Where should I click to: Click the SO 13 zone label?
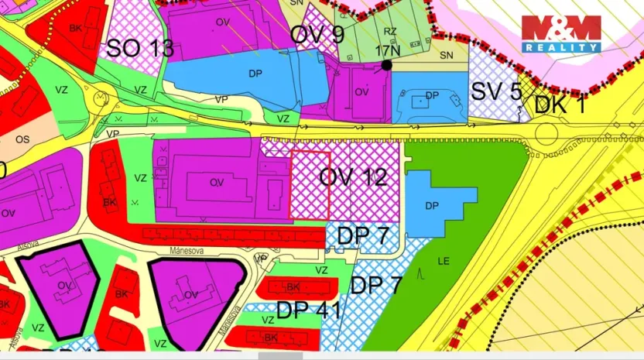(139, 48)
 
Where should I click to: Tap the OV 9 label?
(317, 34)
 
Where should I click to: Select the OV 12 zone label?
(353, 177)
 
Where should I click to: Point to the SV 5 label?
(496, 91)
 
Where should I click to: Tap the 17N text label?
(387, 50)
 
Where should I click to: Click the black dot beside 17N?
(386, 65)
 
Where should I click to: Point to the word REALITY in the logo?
(560, 47)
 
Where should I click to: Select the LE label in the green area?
(444, 262)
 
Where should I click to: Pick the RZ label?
(390, 32)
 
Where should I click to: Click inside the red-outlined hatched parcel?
(310, 186)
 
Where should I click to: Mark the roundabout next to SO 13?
(101, 98)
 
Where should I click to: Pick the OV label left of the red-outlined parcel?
(217, 183)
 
